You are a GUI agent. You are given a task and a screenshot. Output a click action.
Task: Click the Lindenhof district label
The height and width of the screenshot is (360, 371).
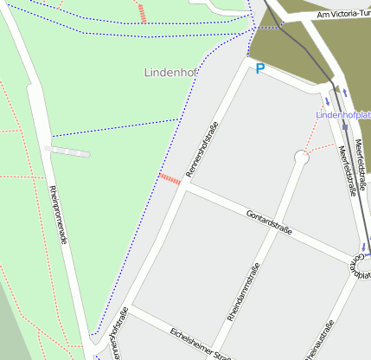pyautogui.click(x=170, y=74)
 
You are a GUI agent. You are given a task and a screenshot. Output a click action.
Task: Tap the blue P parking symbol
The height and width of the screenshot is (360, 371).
pyautogui.click(x=259, y=68)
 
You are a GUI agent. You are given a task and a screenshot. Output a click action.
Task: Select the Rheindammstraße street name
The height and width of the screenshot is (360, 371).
pyautogui.click(x=243, y=294)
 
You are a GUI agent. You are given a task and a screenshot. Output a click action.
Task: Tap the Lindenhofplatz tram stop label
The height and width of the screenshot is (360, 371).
pyautogui.click(x=344, y=114)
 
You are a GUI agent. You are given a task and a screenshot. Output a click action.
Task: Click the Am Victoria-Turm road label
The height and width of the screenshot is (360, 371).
pyautogui.click(x=343, y=15)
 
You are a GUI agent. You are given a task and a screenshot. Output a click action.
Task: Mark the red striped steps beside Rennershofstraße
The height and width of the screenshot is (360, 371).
pyautogui.click(x=170, y=179)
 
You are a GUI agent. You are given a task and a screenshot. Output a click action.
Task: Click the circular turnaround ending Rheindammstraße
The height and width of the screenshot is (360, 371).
pyautogui.click(x=301, y=157)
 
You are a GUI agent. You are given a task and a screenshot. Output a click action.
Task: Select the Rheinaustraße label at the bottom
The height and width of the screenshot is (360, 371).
pyautogui.click(x=317, y=342)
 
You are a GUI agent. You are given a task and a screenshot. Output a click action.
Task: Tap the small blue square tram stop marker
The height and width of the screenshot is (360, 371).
pyautogui.click(x=344, y=126)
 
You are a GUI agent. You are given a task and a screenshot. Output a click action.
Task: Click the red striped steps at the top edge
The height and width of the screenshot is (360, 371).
pyautogui.click(x=142, y=12)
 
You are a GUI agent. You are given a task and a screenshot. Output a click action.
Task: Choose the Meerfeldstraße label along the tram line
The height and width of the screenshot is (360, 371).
pyautogui.click(x=348, y=169)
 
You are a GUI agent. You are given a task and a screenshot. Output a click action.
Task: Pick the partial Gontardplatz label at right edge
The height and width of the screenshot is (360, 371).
pyautogui.click(x=361, y=265)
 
